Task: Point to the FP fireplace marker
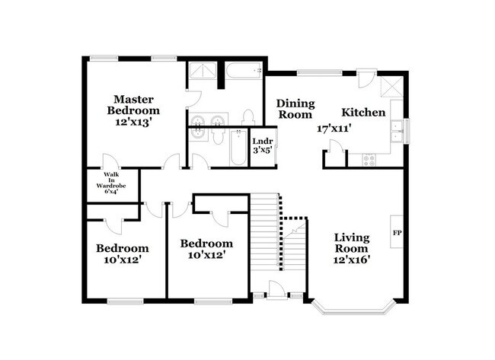click(397, 232)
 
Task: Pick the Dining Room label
click(295, 109)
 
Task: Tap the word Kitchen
click(362, 113)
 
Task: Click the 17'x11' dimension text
click(336, 129)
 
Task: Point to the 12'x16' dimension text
click(351, 260)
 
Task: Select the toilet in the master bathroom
click(247, 117)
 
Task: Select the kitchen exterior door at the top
click(366, 78)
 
